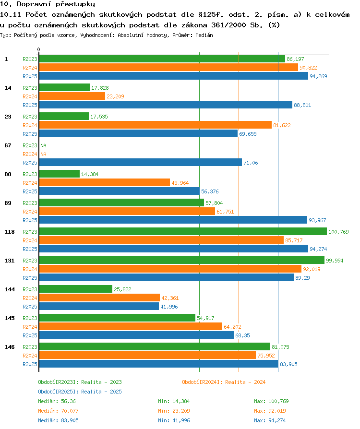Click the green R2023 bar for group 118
click(x=183, y=231)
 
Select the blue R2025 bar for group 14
click(x=166, y=105)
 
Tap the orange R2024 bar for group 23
click(x=155, y=125)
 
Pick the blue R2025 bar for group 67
click(x=141, y=163)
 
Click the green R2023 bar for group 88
click(x=60, y=174)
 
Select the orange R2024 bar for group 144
click(x=99, y=298)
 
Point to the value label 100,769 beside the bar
click(x=338, y=232)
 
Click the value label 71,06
click(x=251, y=163)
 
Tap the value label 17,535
click(x=99, y=117)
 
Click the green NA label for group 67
click(x=43, y=145)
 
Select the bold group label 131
click(x=9, y=261)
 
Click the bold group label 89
click(x=8, y=203)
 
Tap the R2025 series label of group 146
click(x=30, y=364)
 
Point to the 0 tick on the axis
click(x=38, y=49)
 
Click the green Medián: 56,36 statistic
click(x=57, y=401)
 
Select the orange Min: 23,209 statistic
click(x=174, y=411)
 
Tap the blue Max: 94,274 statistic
click(x=270, y=420)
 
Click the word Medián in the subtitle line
click(x=204, y=35)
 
